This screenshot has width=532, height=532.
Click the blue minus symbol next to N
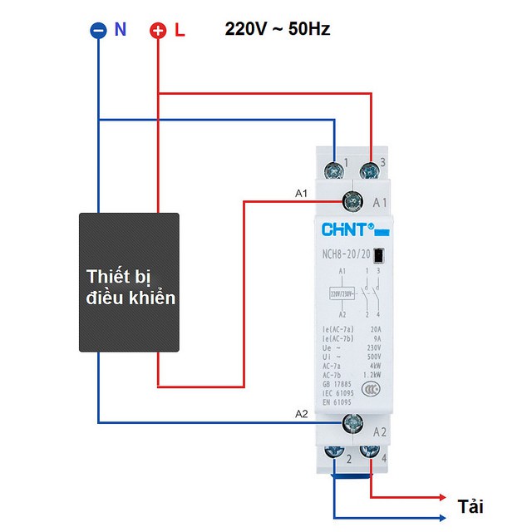98,31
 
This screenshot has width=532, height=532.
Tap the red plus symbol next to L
158,32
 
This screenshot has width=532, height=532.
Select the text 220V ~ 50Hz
278,29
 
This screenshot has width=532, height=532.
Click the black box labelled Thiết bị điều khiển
130,281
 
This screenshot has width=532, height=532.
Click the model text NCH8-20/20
342,255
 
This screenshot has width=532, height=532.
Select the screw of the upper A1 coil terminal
352,200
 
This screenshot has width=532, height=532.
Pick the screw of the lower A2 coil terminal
352,423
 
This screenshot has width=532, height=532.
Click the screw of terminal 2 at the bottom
334,453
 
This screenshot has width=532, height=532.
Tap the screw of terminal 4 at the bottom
370,453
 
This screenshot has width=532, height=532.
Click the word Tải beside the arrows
470,506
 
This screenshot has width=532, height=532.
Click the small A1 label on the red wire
302,193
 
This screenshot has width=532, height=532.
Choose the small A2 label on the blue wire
302,414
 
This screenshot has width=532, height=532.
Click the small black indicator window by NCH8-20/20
379,255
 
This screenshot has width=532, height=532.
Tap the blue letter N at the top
121,30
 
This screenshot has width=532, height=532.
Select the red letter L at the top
180,31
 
